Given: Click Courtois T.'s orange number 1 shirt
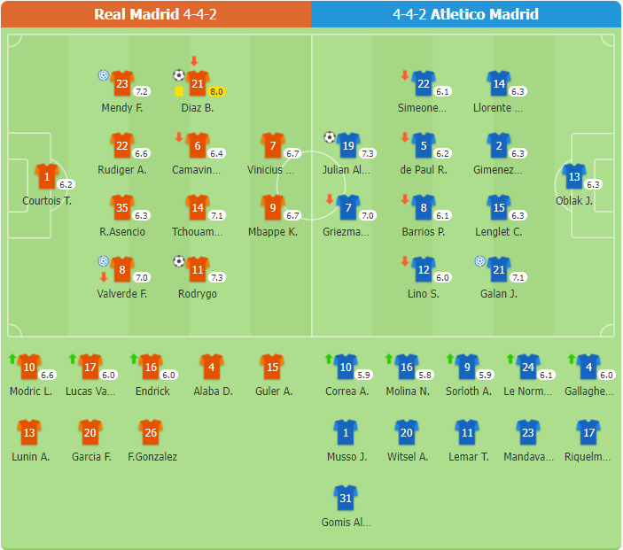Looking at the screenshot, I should pyautogui.click(x=46, y=176).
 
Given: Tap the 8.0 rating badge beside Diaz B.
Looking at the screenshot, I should pyautogui.click(x=217, y=91).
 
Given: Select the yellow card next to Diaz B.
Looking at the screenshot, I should pyautogui.click(x=179, y=90).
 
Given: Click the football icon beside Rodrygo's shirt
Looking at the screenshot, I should pyautogui.click(x=179, y=261).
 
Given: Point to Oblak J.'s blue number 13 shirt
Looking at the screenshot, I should pyautogui.click(x=573, y=176).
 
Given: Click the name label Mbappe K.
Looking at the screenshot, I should pyautogui.click(x=273, y=232).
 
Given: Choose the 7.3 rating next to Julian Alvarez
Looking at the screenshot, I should pyautogui.click(x=369, y=153).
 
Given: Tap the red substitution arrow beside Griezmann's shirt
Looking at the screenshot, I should pyautogui.click(x=331, y=199).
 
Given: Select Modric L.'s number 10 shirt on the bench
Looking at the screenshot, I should pyautogui.click(x=29, y=367).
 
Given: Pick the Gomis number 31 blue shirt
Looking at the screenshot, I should pyautogui.click(x=346, y=498).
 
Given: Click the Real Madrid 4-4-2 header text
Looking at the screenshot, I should pyautogui.click(x=155, y=14).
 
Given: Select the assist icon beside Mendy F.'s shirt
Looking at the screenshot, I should pyautogui.click(x=103, y=75).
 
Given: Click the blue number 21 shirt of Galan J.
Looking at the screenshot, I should pyautogui.click(x=498, y=269).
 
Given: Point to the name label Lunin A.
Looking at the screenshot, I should pyautogui.click(x=30, y=457).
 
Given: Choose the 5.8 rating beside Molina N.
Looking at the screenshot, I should pyautogui.click(x=424, y=375).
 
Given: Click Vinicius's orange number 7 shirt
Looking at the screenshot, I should pyautogui.click(x=273, y=145).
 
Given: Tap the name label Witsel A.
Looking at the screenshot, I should pyautogui.click(x=408, y=457).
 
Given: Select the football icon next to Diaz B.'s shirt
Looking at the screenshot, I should pyautogui.click(x=179, y=75).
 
